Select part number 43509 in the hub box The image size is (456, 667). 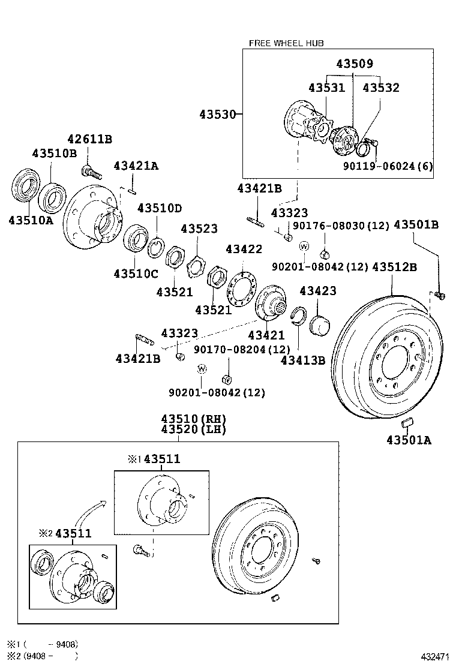354,64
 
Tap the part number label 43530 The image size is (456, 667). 217,113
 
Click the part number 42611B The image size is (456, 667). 89,139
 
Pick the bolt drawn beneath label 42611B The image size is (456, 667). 92,171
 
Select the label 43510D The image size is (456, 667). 159,208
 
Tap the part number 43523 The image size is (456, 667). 199,229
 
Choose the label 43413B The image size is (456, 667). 302,360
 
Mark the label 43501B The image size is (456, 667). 416,225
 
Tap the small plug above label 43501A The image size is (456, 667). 407,422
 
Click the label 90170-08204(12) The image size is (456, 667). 242,349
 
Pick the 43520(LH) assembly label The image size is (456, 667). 193,430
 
